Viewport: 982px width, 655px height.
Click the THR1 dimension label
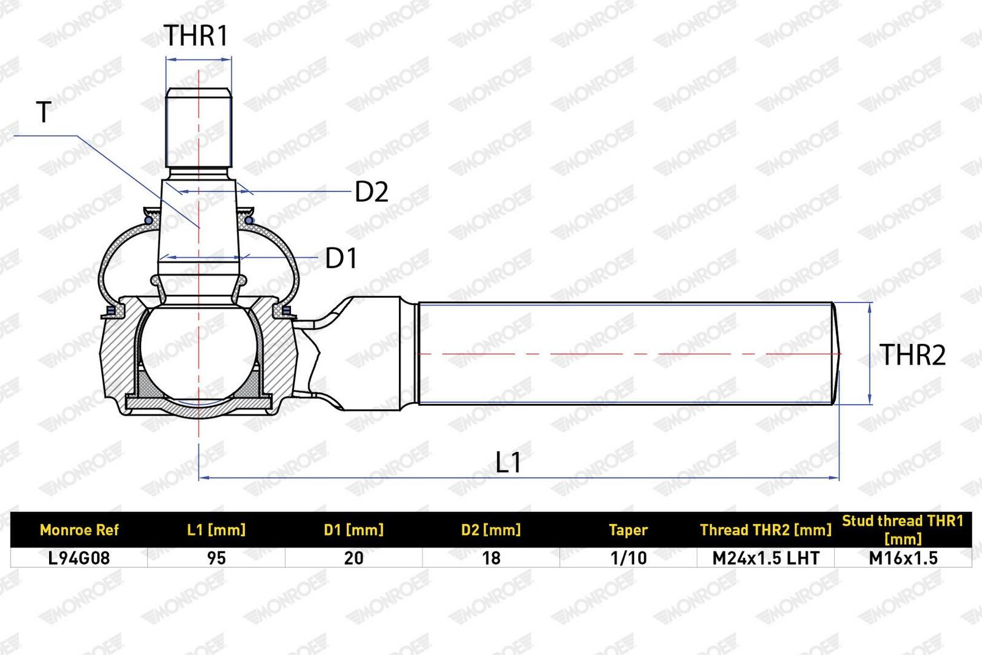coord(196,36)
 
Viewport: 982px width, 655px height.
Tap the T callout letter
coord(44,112)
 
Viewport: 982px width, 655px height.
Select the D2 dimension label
coord(371,192)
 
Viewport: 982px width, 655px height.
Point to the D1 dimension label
coord(341,258)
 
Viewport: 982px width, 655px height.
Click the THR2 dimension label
coord(912,355)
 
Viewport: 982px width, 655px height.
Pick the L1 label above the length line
coord(508,462)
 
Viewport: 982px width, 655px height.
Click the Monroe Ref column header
coord(79,530)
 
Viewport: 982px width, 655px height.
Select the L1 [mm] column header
coord(216,530)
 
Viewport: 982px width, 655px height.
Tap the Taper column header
coord(628,530)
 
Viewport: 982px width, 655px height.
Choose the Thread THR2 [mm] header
coord(765,530)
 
